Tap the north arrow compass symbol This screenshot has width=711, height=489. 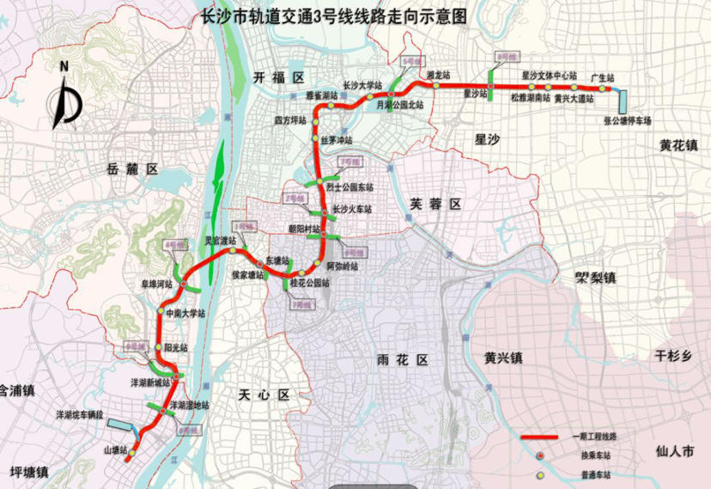point(65,98)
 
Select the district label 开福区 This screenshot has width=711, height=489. point(279,78)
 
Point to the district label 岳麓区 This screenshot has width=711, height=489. point(130,169)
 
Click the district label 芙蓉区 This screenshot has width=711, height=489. point(435,204)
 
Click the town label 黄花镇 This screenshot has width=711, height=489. point(678,144)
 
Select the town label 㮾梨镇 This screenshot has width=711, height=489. point(596,278)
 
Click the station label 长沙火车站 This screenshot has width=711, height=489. point(352,210)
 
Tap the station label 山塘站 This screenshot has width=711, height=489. point(115,449)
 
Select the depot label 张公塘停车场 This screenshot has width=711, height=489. point(628,120)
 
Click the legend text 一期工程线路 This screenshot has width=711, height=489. point(594,437)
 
